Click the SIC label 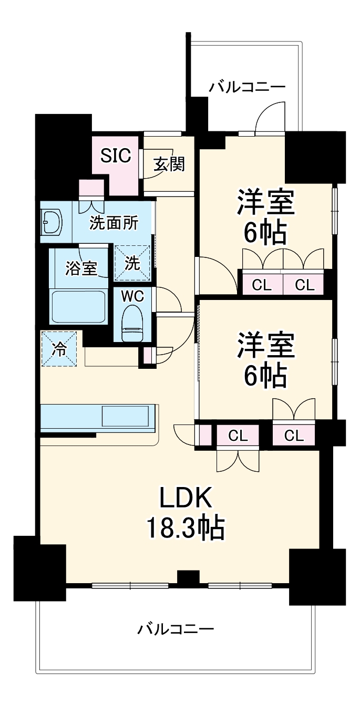(116, 156)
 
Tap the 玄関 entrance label (169, 165)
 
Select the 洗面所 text (114, 223)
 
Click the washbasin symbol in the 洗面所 (52, 223)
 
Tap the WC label (132, 296)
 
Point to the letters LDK (186, 497)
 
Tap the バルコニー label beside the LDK (176, 628)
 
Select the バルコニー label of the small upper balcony (247, 87)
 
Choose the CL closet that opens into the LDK (238, 436)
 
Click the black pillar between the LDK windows (188, 578)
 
